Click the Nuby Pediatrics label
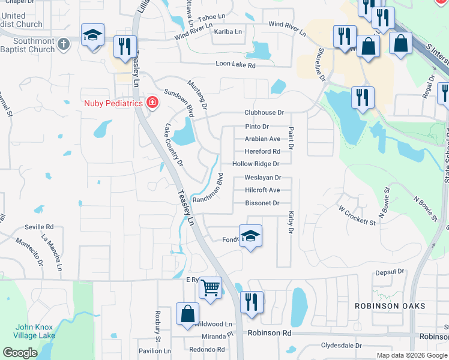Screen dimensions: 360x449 point(112,103)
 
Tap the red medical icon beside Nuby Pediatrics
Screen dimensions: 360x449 point(152,103)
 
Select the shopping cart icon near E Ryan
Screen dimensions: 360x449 point(210,289)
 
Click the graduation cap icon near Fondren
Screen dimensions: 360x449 point(251,236)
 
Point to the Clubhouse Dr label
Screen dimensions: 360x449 point(264,113)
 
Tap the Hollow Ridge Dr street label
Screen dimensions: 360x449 point(256,164)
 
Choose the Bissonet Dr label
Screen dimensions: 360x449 point(262,203)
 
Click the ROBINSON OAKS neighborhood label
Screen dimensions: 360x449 point(390,306)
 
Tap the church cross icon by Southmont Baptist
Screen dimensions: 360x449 point(65,43)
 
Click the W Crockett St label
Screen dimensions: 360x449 point(357,216)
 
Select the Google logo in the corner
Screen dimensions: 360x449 point(20,353)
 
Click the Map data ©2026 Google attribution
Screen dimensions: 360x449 point(412,355)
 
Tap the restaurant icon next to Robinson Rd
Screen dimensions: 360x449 point(251,302)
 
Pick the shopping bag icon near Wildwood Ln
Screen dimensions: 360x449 point(188,314)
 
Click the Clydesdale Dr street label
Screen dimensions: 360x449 point(342,346)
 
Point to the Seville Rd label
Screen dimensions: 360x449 point(39,227)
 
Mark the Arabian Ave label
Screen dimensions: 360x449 point(262,139)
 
